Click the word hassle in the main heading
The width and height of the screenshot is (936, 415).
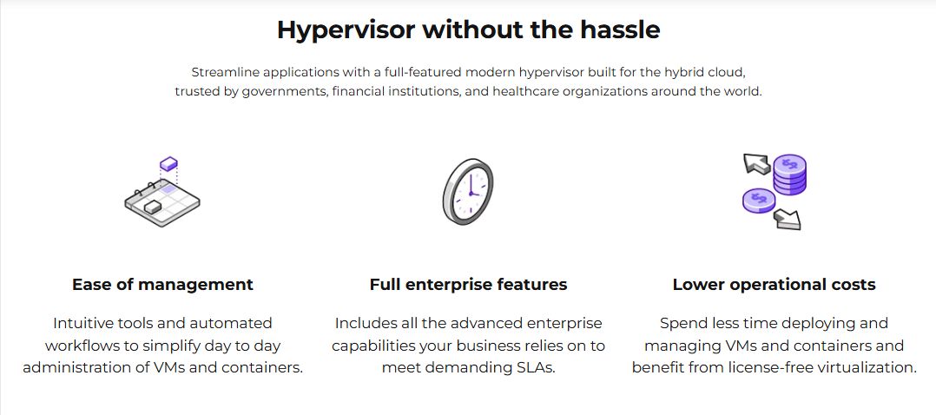[x=620, y=30]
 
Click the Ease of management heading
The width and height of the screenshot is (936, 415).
[x=163, y=285]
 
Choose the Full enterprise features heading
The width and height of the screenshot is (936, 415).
[x=468, y=284]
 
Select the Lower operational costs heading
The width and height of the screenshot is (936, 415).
[x=774, y=284]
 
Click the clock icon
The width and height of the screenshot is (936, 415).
[x=468, y=192]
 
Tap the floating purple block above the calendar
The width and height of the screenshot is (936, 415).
[x=169, y=163]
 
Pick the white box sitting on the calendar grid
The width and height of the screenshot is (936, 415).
[x=152, y=206]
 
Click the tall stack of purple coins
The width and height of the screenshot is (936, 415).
[x=790, y=174]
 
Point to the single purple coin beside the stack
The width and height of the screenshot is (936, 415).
[x=759, y=200]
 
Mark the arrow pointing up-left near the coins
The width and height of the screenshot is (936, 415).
[x=755, y=163]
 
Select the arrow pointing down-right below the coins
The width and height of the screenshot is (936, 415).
[x=788, y=219]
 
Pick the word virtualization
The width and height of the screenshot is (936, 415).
[x=857, y=367]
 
